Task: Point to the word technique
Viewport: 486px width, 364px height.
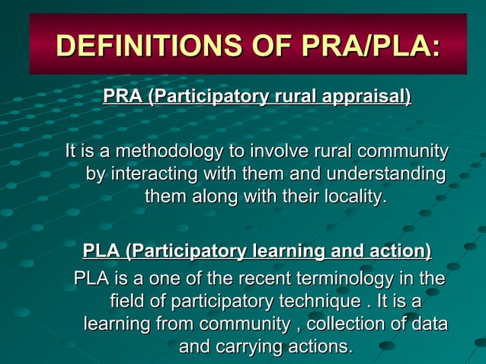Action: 317,301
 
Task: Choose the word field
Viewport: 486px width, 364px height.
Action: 129,301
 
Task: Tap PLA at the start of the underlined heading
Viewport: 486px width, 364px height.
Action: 101,251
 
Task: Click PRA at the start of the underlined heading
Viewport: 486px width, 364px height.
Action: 122,97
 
